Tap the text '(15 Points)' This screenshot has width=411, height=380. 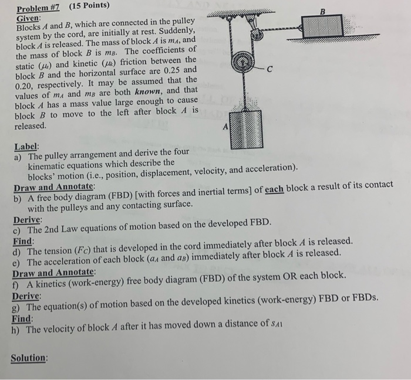coord(89,6)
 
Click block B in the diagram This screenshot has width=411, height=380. coord(322,27)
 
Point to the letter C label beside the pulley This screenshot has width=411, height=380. coord(269,70)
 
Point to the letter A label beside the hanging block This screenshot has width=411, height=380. coord(224,127)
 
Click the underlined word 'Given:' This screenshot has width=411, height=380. coord(27,18)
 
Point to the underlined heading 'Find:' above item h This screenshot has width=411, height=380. coord(23,319)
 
